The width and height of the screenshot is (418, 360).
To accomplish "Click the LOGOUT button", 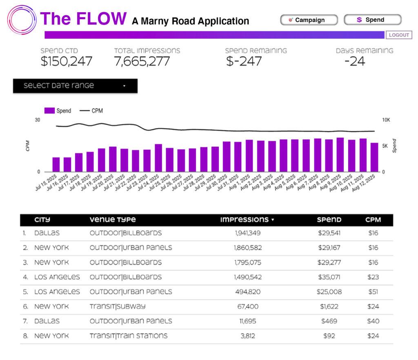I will tap(399, 35).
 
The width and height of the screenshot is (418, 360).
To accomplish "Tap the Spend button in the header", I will tap(373, 20).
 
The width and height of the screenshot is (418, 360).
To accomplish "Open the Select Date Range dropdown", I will tap(75, 86).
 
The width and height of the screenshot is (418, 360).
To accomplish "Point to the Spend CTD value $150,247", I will tap(67, 61).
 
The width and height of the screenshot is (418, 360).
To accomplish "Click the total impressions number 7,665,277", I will tap(142, 61).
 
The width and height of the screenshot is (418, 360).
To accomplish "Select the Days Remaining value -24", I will tap(354, 61).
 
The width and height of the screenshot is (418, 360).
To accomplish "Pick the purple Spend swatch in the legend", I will tap(49, 111).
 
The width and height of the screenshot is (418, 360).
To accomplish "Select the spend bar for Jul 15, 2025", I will tap(56, 164).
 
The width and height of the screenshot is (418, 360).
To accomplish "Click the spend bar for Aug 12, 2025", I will tap(374, 157).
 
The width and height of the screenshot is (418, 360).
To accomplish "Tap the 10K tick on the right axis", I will tap(386, 120).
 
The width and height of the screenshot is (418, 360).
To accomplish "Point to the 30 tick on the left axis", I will tap(38, 120).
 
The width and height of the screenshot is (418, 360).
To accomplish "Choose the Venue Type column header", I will tap(113, 220).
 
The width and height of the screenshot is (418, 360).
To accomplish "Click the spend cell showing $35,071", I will tap(329, 277).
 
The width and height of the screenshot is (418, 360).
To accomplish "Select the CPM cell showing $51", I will tap(373, 292).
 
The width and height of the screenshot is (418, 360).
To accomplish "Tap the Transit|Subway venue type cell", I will tap(118, 307).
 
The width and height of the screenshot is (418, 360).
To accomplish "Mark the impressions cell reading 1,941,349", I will tap(248, 233).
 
